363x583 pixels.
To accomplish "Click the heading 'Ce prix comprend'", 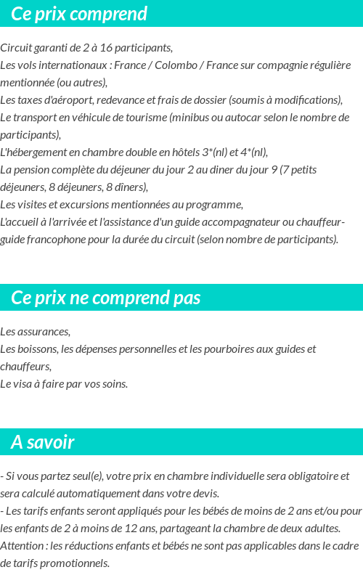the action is tap(79, 14).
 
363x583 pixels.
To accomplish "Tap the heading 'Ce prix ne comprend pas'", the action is tap(106, 298).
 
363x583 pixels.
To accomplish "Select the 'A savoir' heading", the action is tap(43, 442).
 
